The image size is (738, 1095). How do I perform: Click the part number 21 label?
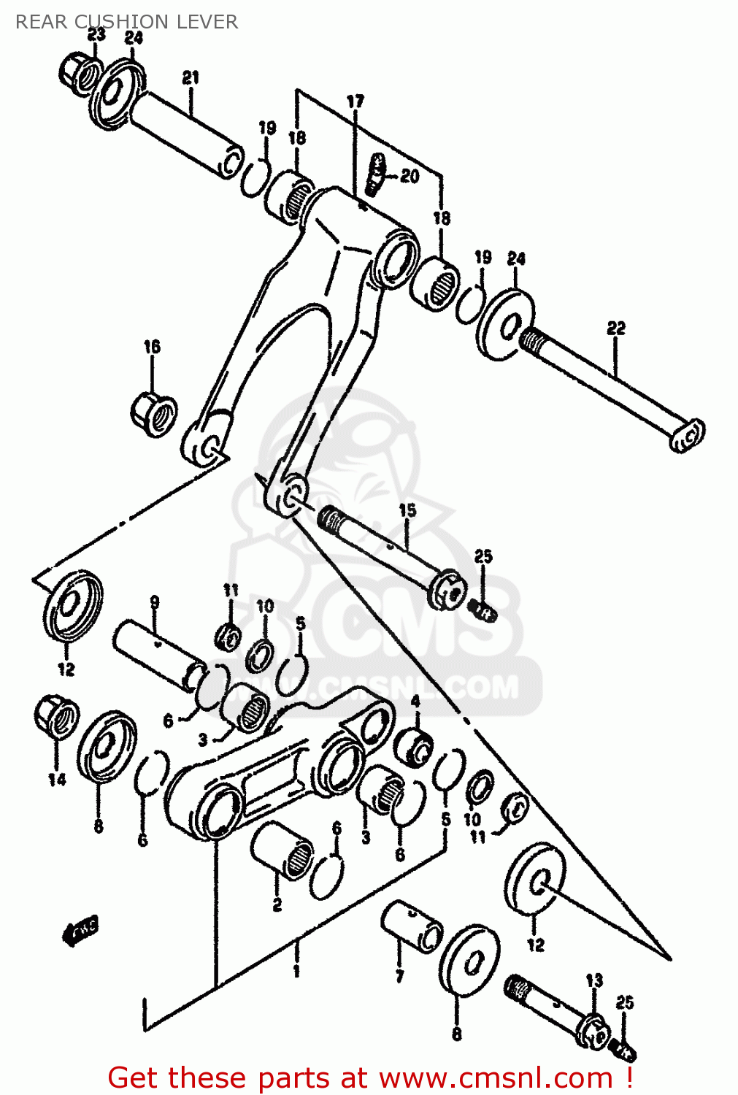(191, 77)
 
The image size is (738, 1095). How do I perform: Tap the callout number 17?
(355, 101)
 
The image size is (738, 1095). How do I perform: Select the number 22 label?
(616, 328)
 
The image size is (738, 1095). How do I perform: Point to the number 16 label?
(152, 347)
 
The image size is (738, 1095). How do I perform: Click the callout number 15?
(407, 510)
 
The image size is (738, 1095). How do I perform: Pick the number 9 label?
(155, 602)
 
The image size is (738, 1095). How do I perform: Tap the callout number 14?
(57, 780)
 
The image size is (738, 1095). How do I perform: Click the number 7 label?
(399, 977)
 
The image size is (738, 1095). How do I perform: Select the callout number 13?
(594, 980)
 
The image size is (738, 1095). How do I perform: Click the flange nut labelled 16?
(154, 415)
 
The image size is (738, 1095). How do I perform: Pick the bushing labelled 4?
(413, 746)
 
